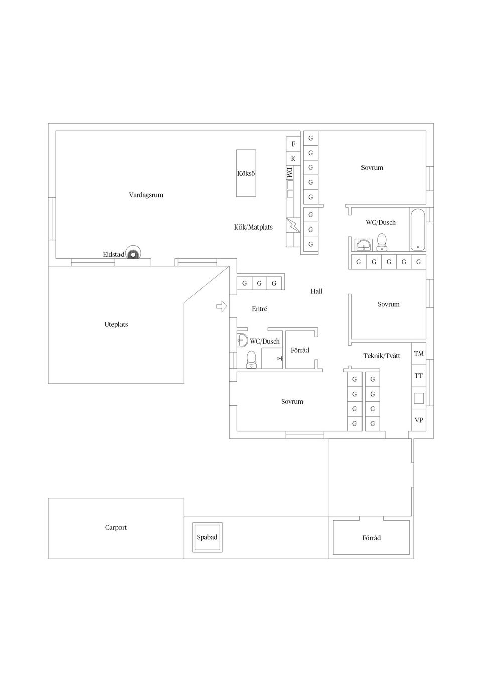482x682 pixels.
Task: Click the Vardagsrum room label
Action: (146, 195)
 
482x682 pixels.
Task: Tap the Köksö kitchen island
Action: (246, 173)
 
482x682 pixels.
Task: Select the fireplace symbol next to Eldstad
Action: (133, 253)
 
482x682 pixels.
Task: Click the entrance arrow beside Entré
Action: (222, 306)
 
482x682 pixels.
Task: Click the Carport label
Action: (115, 528)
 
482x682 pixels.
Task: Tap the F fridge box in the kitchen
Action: (293, 144)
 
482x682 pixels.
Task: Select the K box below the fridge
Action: (293, 159)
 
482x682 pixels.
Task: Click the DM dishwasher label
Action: (290, 173)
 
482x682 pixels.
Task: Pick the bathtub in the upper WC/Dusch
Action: (418, 230)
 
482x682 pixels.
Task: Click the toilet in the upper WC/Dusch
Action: (381, 242)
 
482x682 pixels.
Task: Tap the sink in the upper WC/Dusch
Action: (364, 244)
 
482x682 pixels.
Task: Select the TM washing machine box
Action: (419, 354)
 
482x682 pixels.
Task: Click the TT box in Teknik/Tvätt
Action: (419, 376)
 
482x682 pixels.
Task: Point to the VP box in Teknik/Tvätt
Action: (419, 420)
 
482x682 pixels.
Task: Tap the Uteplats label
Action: (116, 324)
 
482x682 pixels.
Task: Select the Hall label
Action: (316, 291)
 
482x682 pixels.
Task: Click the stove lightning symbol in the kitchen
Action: (293, 225)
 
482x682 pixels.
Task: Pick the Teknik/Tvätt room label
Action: (382, 356)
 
